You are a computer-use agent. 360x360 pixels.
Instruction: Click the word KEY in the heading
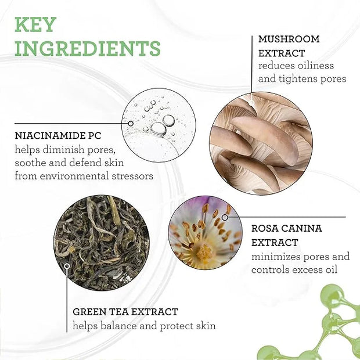pyautogui.click(x=35, y=24)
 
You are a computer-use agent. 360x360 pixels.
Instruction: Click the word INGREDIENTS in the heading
pyautogui.click(x=88, y=48)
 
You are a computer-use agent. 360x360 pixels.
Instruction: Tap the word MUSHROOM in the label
pyautogui.click(x=289, y=39)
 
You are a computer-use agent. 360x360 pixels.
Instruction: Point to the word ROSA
pyautogui.click(x=264, y=228)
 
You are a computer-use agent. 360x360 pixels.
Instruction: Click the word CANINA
pyautogui.click(x=301, y=228)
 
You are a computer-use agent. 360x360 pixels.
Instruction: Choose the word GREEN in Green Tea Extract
pyautogui.click(x=88, y=312)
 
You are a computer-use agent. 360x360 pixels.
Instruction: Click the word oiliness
pyautogui.click(x=316, y=66)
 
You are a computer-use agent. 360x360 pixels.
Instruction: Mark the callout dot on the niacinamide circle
pyautogui.click(x=131, y=124)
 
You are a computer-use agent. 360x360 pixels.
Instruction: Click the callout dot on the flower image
pyautogui.click(x=225, y=217)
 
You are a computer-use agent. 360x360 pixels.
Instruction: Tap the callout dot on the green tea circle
pyautogui.click(x=67, y=266)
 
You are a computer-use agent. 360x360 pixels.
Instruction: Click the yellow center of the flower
pyautogui.click(x=204, y=252)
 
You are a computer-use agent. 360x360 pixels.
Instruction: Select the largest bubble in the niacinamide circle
pyautogui.click(x=159, y=129)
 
